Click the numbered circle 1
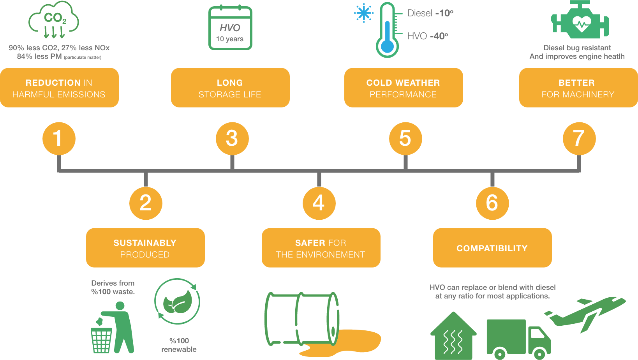[x=59, y=138]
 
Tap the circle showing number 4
[x=319, y=203]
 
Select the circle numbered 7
[x=579, y=138]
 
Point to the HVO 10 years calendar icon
[x=230, y=28]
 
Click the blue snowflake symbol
[x=364, y=14]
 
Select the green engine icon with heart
[x=580, y=21]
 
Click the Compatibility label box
[x=492, y=248]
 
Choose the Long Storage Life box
[x=230, y=88]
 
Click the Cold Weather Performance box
[x=404, y=88]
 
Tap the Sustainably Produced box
[x=145, y=248]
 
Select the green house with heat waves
[x=453, y=337]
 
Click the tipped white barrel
[x=302, y=319]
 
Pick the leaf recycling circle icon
[x=177, y=301]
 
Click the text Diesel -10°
[x=430, y=13]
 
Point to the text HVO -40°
[x=427, y=36]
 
